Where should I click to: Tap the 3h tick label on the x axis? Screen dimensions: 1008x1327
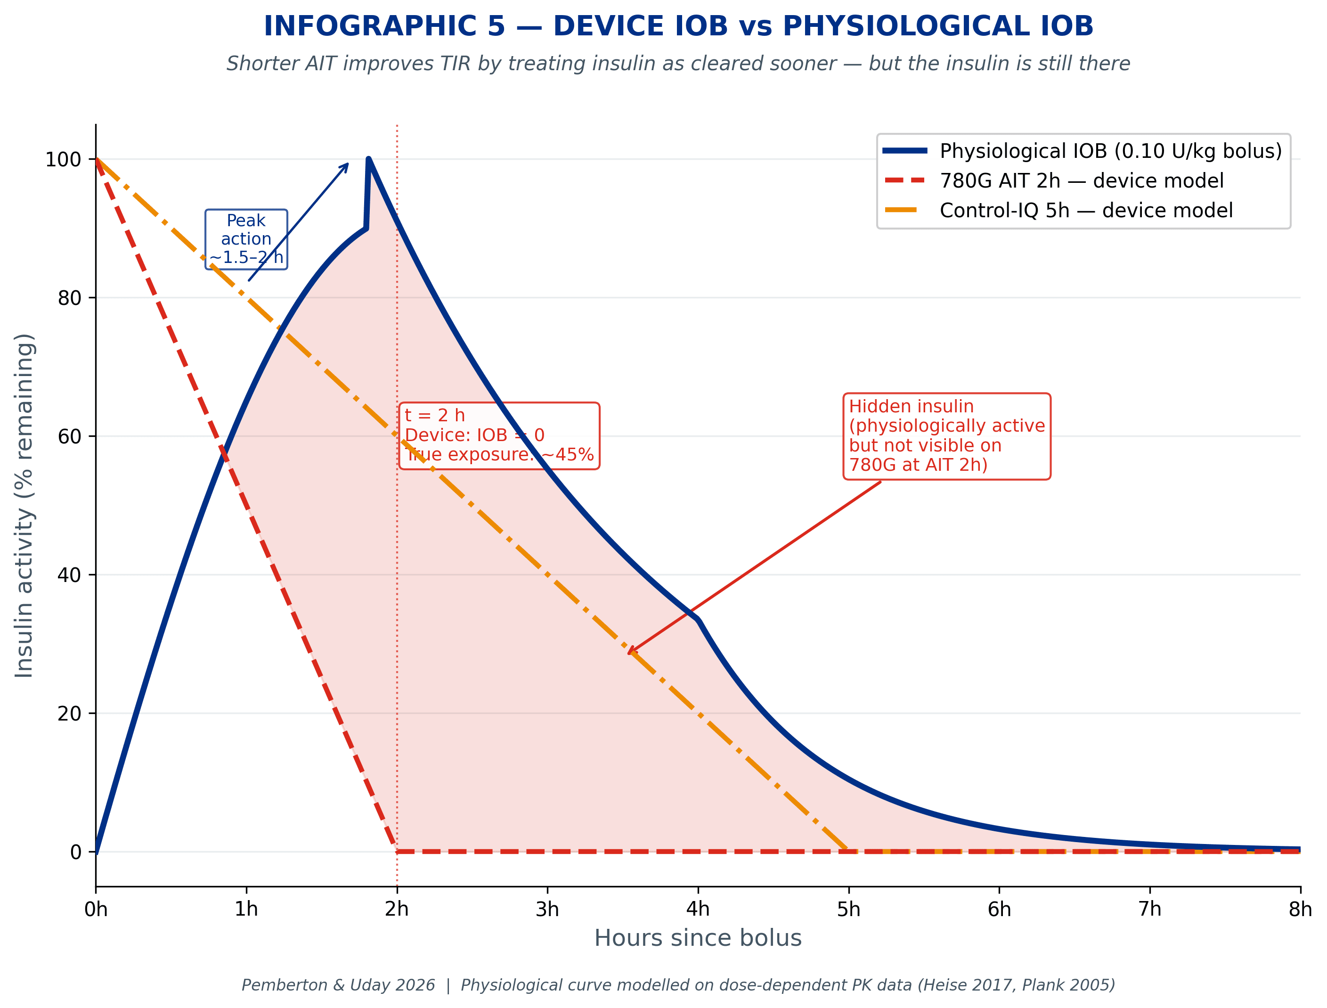click(547, 910)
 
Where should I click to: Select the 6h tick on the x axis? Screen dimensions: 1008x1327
click(999, 910)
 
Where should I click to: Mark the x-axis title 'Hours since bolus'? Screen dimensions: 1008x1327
click(698, 938)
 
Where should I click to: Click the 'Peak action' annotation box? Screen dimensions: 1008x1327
click(246, 239)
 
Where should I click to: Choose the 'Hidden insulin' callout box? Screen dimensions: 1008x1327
click(947, 436)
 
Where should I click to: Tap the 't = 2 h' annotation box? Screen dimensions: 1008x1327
click(499, 435)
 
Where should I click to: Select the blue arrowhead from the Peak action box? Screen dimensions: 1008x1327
click(346, 165)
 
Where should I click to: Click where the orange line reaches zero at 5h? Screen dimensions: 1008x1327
click(847, 851)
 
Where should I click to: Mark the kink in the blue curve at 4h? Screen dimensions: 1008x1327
click(698, 619)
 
